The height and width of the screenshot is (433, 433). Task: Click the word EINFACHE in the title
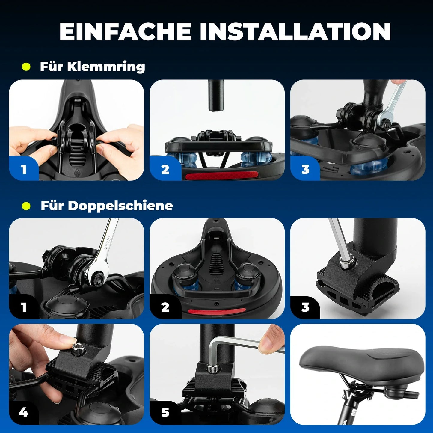(125, 31)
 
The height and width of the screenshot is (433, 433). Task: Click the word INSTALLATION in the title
(295, 31)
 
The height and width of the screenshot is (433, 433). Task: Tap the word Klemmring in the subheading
(106, 67)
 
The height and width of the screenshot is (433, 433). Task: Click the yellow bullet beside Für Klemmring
(26, 67)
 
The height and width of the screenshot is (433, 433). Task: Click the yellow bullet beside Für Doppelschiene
(26, 206)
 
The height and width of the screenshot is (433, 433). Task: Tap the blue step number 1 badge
(24, 170)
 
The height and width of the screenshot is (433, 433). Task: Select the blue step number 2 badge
(165, 170)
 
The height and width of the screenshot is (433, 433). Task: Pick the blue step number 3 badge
(305, 170)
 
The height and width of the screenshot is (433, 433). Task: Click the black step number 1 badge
(24, 307)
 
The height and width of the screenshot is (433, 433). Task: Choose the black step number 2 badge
(165, 307)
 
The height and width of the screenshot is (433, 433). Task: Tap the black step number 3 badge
(305, 307)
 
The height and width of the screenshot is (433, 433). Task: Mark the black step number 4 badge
(24, 413)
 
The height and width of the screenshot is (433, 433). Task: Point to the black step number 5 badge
(165, 413)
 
